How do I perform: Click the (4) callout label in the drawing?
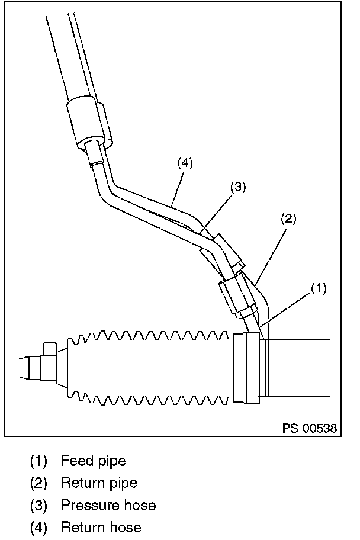185,161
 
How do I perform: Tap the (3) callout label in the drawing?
237,187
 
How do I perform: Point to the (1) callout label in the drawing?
319,288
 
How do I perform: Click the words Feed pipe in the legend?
94,461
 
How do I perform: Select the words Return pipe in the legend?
99,483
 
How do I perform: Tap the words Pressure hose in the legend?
108,505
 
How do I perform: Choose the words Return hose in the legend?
101,527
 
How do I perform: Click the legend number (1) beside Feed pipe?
38,461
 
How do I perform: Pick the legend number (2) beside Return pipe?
38,483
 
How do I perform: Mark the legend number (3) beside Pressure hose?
38,505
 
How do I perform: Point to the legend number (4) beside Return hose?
38,527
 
